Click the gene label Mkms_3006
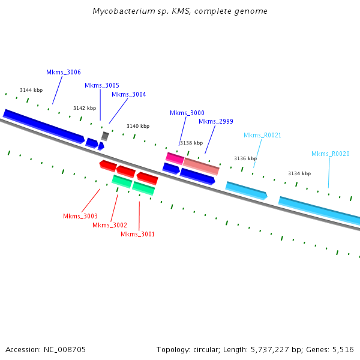click(x=64, y=73)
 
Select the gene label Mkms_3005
click(x=102, y=86)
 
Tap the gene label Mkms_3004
click(x=128, y=94)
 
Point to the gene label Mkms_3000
click(x=187, y=113)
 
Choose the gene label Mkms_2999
click(x=216, y=122)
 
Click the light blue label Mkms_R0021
click(x=262, y=136)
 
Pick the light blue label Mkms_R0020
click(x=330, y=154)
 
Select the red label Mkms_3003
click(x=80, y=216)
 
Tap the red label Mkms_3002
click(x=110, y=225)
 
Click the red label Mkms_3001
click(x=137, y=234)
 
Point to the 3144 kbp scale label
click(x=31, y=90)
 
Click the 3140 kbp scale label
click(x=138, y=127)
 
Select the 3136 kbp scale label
click(x=245, y=158)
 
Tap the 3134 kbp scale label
click(x=299, y=173)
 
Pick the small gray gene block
click(x=105, y=136)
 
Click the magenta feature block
click(x=175, y=158)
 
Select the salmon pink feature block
click(x=201, y=166)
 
